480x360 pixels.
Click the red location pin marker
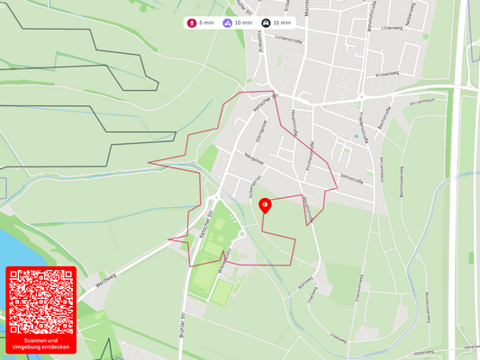[265, 205]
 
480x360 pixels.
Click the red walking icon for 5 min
[192, 22]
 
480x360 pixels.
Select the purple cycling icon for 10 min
[227, 22]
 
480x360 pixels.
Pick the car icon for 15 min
[266, 22]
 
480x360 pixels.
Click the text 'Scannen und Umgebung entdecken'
[41, 345]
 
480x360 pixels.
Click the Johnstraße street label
[351, 180]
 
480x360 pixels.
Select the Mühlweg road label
[305, 283]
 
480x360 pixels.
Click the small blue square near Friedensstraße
[357, 137]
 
